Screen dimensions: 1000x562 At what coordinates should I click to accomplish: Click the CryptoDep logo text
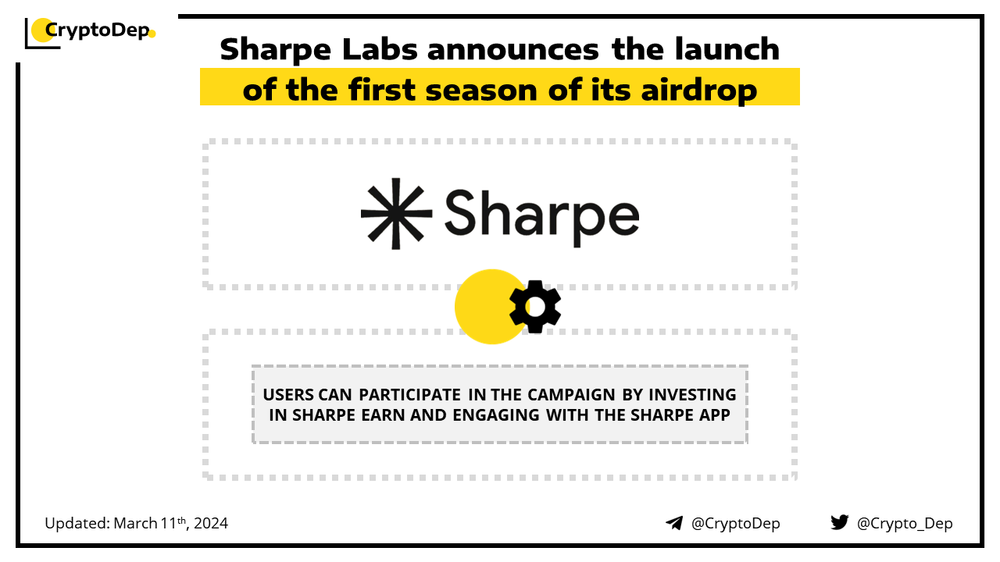[98, 30]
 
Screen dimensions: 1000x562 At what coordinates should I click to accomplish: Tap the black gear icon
[535, 307]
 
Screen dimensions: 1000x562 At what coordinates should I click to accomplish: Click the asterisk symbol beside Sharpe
[396, 214]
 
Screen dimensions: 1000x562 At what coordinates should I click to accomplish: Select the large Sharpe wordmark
[542, 217]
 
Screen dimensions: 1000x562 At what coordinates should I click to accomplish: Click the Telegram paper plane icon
[674, 523]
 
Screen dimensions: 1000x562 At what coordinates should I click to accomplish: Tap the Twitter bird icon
[839, 522]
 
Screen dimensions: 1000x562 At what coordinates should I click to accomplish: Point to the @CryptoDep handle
[735, 523]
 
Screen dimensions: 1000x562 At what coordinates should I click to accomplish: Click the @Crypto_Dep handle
[905, 524]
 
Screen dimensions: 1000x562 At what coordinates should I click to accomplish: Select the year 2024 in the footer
[211, 523]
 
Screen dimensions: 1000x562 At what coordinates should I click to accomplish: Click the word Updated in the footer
[77, 523]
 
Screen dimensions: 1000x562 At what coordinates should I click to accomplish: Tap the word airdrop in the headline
[698, 90]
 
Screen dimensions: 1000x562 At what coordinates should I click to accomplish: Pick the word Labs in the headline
[380, 49]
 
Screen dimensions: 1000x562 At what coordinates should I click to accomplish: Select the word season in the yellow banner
[481, 91]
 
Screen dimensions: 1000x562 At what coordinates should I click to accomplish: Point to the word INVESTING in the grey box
[692, 395]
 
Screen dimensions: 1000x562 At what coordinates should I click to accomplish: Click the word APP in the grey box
[715, 415]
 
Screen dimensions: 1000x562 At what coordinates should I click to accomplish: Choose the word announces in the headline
[512, 49]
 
